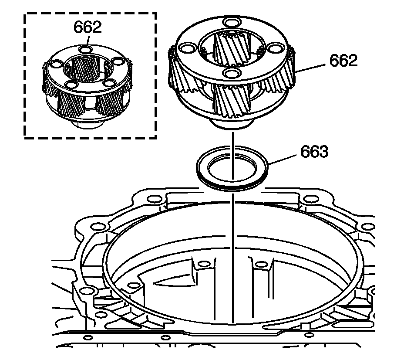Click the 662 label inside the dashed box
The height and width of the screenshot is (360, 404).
(x=88, y=27)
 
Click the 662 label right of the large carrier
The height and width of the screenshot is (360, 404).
(x=343, y=61)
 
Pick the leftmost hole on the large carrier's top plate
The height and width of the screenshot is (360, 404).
(x=188, y=47)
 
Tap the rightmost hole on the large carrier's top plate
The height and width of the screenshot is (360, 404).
(x=274, y=47)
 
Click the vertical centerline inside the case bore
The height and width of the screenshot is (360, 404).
(x=233, y=262)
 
